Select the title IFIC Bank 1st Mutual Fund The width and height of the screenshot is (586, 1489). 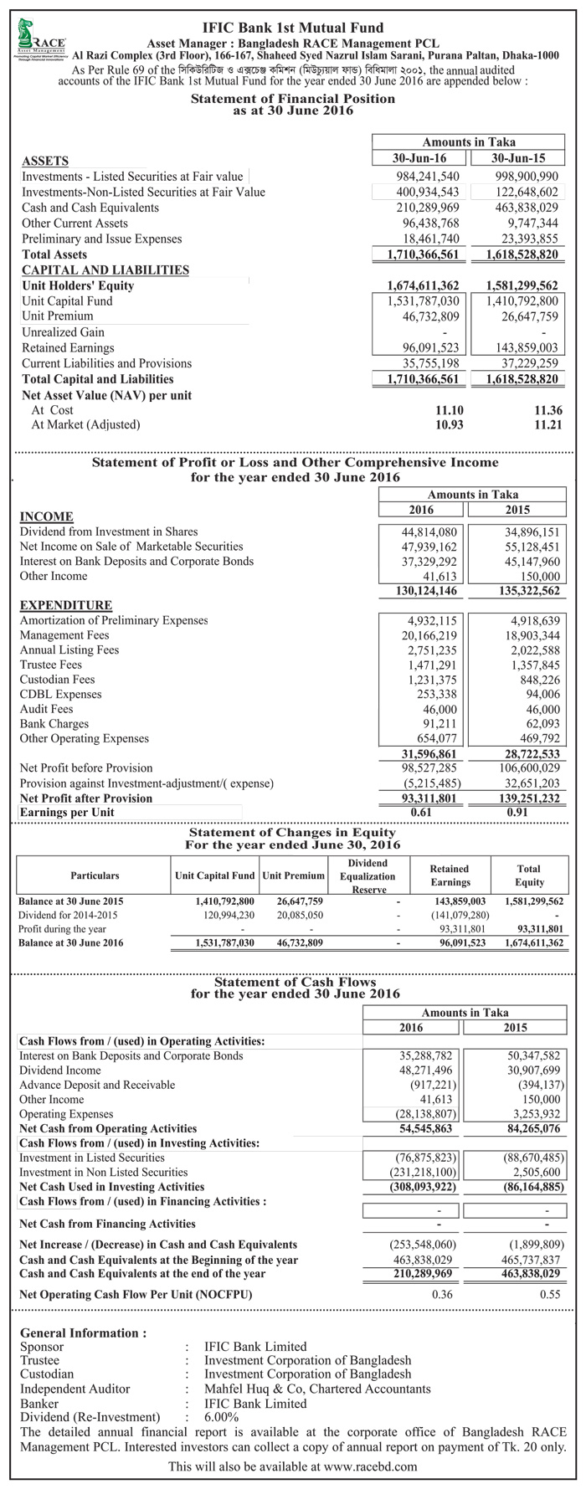tap(293, 28)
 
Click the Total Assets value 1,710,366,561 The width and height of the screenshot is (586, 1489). tap(424, 254)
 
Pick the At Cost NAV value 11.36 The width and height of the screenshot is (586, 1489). tap(547, 410)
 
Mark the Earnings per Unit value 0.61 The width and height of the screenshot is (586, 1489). tap(422, 813)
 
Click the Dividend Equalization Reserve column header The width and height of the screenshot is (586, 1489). tap(368, 875)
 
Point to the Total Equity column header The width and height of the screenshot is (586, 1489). tap(529, 875)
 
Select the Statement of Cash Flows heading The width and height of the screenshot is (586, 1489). tap(296, 982)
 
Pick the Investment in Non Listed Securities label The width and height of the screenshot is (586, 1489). tap(104, 1172)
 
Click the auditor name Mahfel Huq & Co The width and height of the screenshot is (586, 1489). tap(317, 1389)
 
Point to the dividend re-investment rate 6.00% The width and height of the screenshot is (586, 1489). tap(222, 1417)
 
